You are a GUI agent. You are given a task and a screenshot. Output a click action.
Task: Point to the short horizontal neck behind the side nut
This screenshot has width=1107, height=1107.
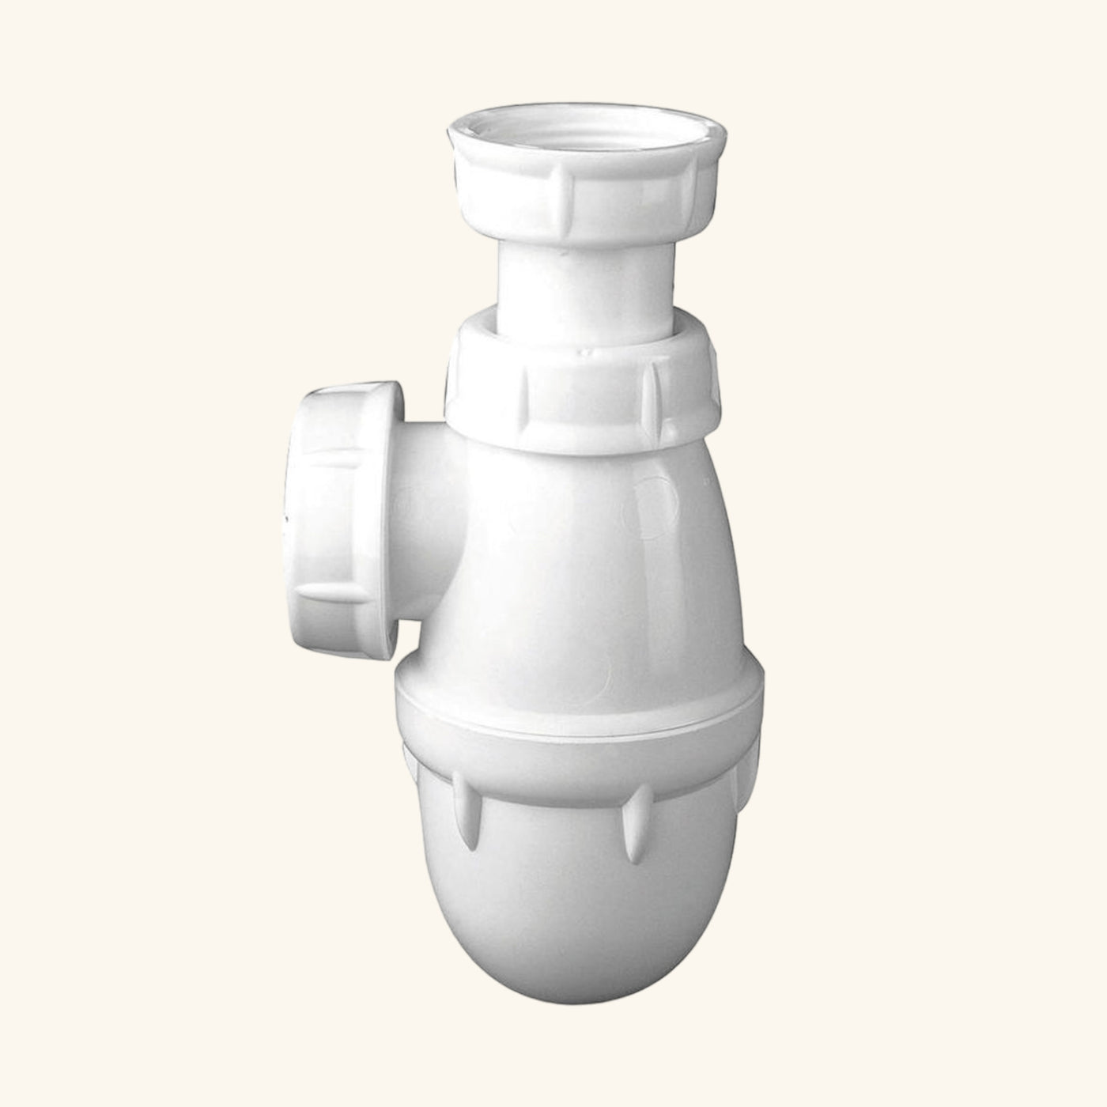tap(431, 506)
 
